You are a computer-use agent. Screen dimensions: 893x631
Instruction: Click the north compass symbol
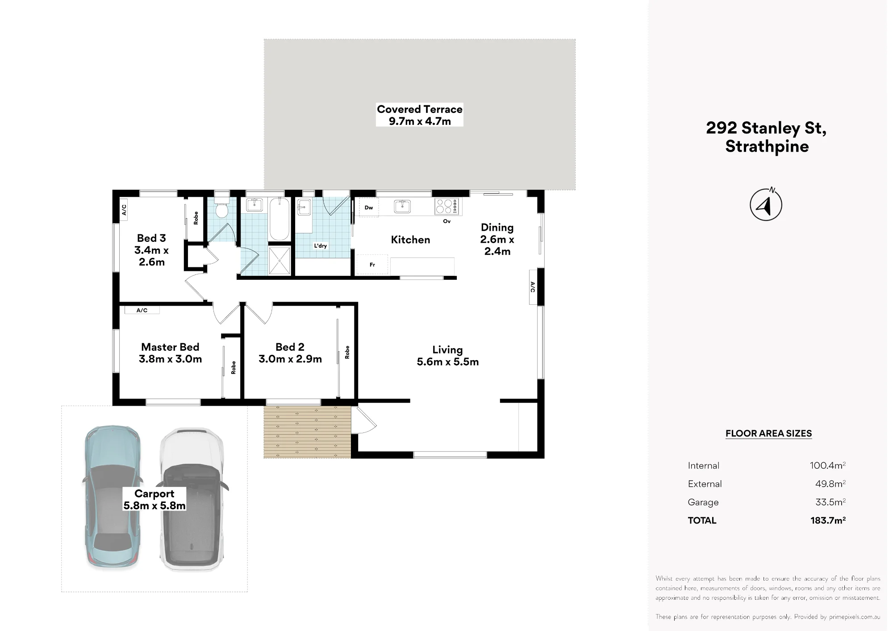click(x=766, y=204)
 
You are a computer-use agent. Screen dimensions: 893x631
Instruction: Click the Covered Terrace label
click(x=419, y=115)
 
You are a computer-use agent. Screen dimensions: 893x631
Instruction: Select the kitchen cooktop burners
click(x=446, y=206)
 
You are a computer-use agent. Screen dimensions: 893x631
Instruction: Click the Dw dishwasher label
click(x=369, y=208)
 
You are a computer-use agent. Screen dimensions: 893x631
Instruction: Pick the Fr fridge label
click(x=372, y=265)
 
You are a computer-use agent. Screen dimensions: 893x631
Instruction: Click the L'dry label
click(x=320, y=246)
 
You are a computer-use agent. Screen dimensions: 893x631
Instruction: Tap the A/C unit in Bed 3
click(x=124, y=209)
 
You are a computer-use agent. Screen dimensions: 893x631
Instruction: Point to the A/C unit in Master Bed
click(x=142, y=310)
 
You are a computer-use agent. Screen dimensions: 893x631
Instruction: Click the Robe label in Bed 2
click(x=347, y=352)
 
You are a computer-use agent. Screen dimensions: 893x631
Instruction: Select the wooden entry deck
click(x=308, y=432)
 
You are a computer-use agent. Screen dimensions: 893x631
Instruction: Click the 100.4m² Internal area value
click(x=828, y=465)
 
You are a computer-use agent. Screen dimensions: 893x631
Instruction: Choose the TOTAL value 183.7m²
click(x=828, y=520)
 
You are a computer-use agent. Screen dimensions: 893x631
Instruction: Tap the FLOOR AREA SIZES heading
click(x=768, y=433)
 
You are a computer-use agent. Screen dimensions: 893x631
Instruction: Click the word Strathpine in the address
click(x=767, y=147)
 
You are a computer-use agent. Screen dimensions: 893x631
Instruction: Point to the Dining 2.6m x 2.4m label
click(x=497, y=240)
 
